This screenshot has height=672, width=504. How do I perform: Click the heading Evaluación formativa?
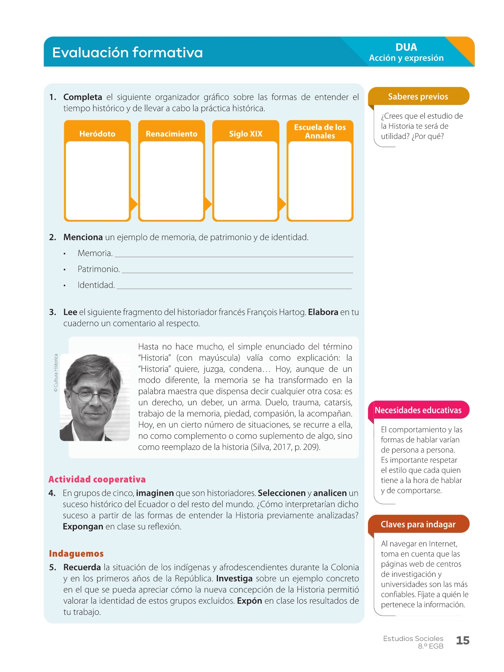[x=127, y=53]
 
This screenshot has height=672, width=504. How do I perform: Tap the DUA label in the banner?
[x=406, y=47]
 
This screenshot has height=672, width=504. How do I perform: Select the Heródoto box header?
[x=97, y=134]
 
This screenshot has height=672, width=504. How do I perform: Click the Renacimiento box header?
[x=171, y=134]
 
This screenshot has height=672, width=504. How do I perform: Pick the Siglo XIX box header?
[x=246, y=134]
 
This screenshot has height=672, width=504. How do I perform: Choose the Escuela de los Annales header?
[x=320, y=131]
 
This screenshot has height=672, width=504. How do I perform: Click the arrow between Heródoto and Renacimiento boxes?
[x=134, y=204]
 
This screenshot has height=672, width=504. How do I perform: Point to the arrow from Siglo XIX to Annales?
[x=282, y=204]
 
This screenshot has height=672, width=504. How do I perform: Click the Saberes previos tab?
[x=418, y=97]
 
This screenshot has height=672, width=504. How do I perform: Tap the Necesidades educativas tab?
[x=418, y=410]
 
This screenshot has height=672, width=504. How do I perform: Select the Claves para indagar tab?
[x=418, y=525]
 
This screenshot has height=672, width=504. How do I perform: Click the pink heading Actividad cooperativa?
[x=97, y=479]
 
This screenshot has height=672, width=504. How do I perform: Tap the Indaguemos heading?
[x=76, y=554]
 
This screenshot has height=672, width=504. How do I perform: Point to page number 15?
[x=463, y=641]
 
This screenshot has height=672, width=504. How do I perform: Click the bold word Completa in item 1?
[x=83, y=97]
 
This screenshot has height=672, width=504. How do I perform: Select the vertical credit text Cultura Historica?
[x=56, y=373]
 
